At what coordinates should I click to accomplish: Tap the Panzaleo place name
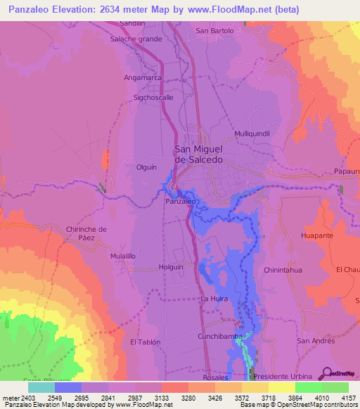tap(180, 201)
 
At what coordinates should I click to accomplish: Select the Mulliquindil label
tap(252, 133)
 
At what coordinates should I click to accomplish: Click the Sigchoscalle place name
tap(153, 98)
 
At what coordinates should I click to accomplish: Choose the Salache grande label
tap(136, 39)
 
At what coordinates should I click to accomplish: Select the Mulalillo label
tap(122, 257)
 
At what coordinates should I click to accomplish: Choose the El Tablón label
tap(146, 342)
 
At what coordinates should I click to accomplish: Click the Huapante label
tap(316, 235)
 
